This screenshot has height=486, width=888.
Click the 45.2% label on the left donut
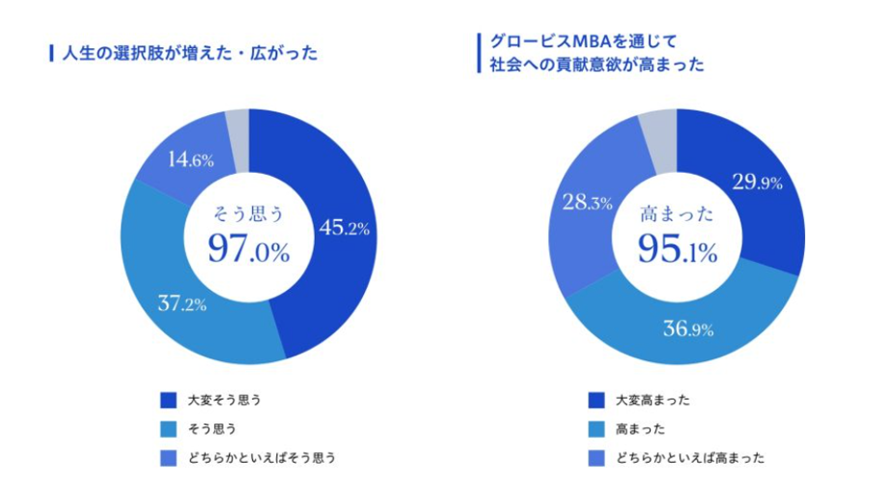point(345,229)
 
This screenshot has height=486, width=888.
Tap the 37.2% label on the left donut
point(182,304)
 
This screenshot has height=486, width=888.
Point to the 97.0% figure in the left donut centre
point(248,252)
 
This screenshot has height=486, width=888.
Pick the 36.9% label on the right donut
point(687,329)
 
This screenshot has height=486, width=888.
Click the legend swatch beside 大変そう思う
point(169,399)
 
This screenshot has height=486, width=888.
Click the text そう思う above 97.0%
point(248,215)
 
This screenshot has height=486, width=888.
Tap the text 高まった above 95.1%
point(676,215)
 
